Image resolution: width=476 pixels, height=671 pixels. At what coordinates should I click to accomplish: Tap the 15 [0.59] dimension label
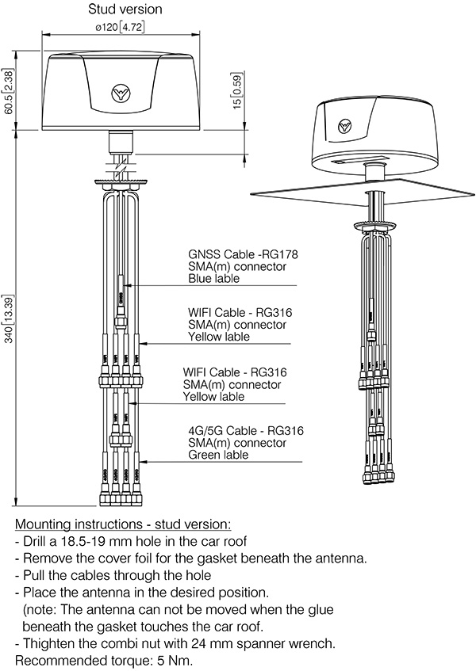tap(238, 94)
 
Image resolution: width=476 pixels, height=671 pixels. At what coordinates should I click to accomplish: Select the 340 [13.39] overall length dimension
tap(9, 317)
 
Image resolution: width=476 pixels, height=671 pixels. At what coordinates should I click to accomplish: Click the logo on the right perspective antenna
tap(344, 127)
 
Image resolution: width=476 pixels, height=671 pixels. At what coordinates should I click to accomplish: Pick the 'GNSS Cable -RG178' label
tap(236, 255)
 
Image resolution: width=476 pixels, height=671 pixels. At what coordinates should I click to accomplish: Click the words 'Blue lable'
tap(212, 278)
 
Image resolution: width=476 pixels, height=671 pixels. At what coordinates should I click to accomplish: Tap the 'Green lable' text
tap(218, 455)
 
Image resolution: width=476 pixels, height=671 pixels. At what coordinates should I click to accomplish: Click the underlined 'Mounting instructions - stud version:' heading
tap(123, 524)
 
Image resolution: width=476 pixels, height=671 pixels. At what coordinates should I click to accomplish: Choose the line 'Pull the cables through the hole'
tap(117, 575)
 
